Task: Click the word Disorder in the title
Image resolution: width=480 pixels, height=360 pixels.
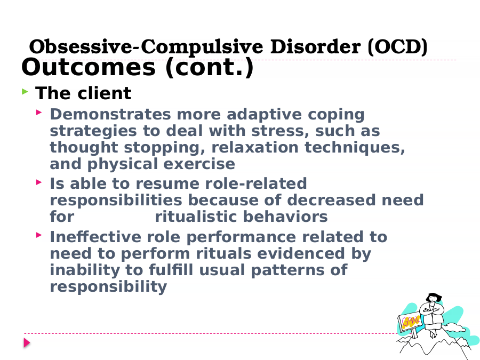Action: pos(315,47)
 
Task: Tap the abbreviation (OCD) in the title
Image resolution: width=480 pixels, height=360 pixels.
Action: pos(397,47)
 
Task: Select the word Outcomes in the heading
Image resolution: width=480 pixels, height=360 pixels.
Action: pos(89,67)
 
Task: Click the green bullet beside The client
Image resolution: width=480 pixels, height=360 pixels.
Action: pos(25,91)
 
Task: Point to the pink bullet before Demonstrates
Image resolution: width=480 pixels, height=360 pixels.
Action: pos(39,113)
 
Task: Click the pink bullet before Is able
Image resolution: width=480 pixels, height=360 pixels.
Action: pos(39,182)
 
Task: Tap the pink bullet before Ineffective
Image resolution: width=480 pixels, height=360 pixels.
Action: pos(39,235)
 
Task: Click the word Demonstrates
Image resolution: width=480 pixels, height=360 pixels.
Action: pos(110,115)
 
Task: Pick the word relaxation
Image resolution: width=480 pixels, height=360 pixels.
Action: pos(255,147)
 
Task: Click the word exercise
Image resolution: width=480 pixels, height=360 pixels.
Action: pos(199,164)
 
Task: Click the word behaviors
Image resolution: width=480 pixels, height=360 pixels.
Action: pos(285,217)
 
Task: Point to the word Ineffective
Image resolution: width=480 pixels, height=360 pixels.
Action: pos(95,237)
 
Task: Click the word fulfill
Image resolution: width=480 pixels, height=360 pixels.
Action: pos(171,270)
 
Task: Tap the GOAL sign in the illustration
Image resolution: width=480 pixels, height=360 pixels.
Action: pos(410,322)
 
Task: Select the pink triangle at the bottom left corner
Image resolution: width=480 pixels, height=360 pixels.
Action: pos(27,342)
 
